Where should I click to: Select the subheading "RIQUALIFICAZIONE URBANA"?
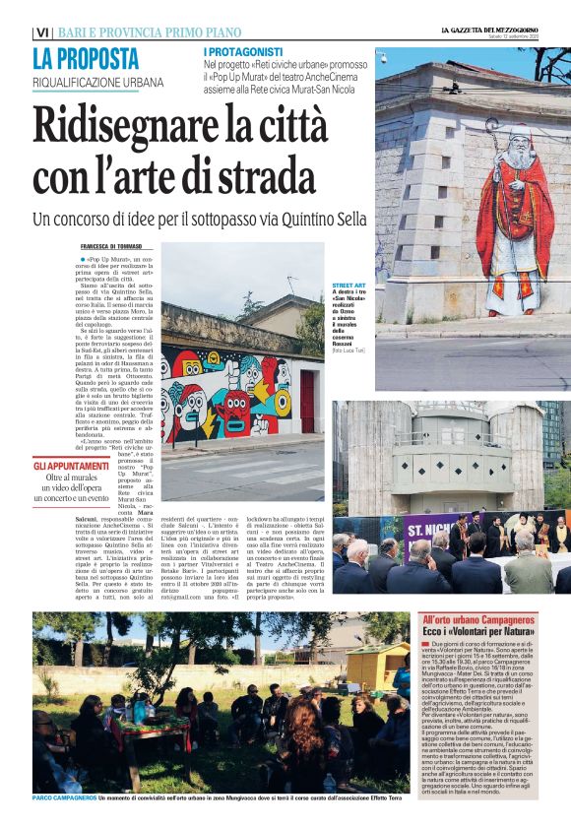[x=97, y=82]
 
